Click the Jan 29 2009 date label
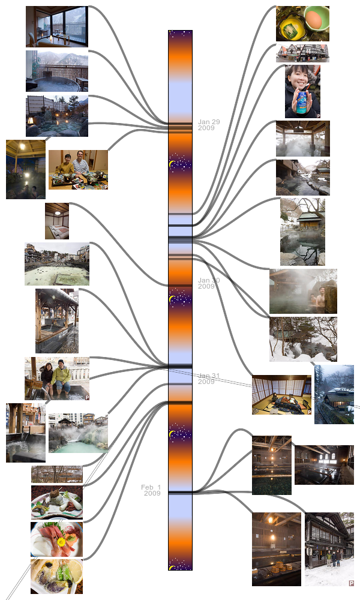point(209,125)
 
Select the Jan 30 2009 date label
point(209,283)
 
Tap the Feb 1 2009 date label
point(151,490)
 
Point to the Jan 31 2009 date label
point(209,379)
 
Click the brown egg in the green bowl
point(314,19)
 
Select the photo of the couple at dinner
point(78,170)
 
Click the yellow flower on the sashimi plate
point(61,542)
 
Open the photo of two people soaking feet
point(57,379)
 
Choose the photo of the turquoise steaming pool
point(78,433)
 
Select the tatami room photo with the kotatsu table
point(281,395)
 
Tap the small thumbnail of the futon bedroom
point(57,221)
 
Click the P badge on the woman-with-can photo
point(317,115)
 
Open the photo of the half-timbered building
point(302,53)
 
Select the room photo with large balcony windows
point(57,26)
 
